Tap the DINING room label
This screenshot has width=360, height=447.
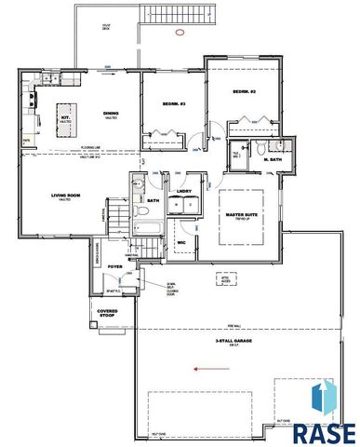[x=110, y=115]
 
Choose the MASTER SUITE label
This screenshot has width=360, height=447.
[x=245, y=214]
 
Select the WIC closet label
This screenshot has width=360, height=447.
[x=183, y=244]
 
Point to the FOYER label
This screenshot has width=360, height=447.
[x=115, y=265]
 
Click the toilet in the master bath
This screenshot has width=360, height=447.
[x=263, y=147]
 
